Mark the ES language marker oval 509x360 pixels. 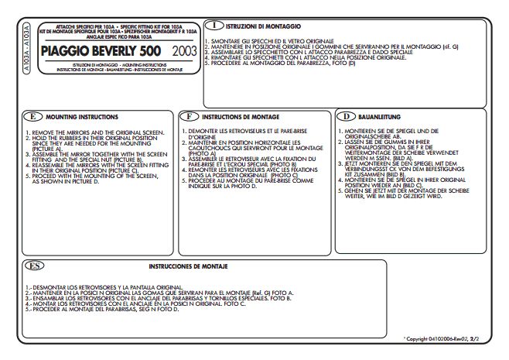[32, 266]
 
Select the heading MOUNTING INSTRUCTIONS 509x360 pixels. [82, 117]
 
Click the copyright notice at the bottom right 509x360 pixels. [447, 339]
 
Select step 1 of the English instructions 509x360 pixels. [96, 133]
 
